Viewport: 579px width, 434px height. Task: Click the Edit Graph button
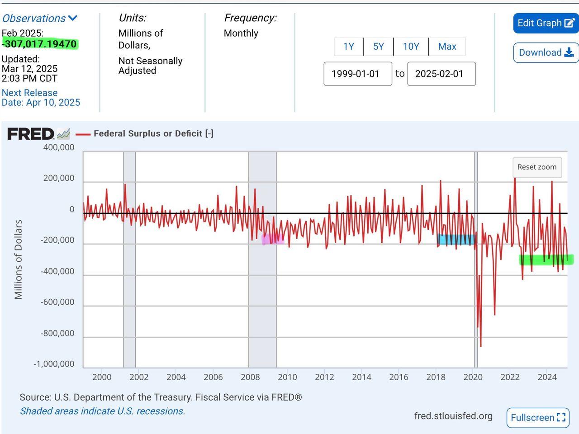[546, 23]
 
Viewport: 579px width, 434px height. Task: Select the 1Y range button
[348, 47]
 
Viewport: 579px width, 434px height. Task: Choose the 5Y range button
[378, 47]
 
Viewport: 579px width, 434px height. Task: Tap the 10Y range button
[411, 47]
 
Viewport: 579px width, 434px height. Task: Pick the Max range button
[447, 47]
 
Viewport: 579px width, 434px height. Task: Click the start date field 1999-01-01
[357, 74]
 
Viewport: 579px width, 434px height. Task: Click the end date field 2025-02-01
[441, 74]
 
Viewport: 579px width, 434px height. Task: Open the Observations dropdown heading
[40, 19]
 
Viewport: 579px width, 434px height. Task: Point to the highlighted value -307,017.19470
[40, 44]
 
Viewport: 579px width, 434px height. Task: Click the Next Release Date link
[40, 98]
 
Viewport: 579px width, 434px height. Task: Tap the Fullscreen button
[538, 417]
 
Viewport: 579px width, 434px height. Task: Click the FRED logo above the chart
[31, 134]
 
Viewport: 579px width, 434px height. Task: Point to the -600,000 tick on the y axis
[57, 302]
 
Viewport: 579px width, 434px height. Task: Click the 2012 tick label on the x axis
[324, 377]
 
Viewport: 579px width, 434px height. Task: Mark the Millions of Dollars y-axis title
[19, 259]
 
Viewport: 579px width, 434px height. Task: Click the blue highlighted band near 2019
[456, 240]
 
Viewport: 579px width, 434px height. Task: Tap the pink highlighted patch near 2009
[273, 239]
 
